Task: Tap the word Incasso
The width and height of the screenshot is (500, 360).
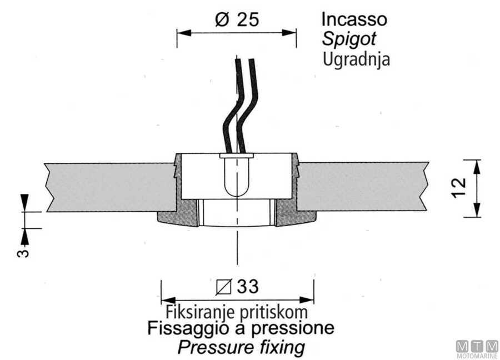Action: pyautogui.click(x=354, y=19)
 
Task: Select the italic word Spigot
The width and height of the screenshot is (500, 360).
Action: pyautogui.click(x=349, y=39)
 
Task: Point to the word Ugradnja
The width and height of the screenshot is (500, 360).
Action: pyautogui.click(x=356, y=59)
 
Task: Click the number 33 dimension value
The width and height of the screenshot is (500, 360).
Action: pyautogui.click(x=247, y=287)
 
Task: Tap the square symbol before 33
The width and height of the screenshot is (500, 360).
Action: pyautogui.click(x=223, y=287)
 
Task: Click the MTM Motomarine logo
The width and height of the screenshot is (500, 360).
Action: pyautogui.click(x=476, y=348)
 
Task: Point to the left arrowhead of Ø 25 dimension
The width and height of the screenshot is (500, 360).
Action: pyautogui.click(x=181, y=33)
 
